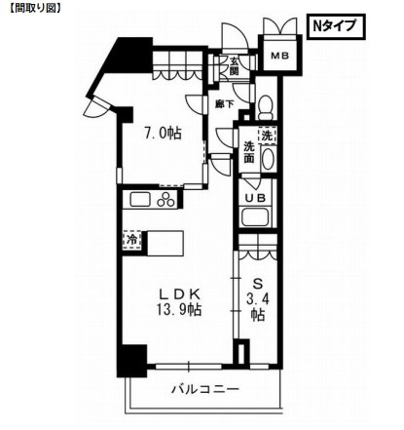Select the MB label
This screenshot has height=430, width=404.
click(x=280, y=56)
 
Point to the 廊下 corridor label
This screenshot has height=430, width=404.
click(x=223, y=101)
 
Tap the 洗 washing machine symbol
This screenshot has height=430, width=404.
click(x=266, y=137)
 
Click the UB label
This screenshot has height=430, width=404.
click(x=255, y=199)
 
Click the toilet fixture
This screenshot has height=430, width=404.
click(x=265, y=105)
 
